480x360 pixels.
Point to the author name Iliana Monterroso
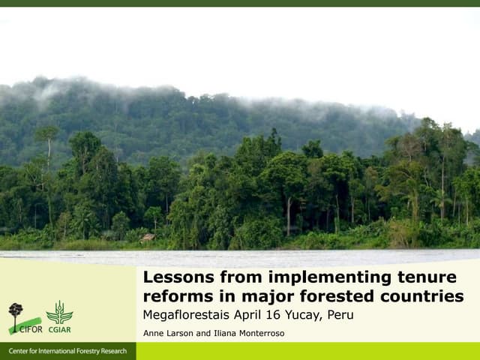click(249, 333)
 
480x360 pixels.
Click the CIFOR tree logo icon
click(16, 312)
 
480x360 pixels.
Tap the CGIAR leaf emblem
click(59, 312)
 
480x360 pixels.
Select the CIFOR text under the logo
click(31, 328)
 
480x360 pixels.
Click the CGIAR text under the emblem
click(59, 328)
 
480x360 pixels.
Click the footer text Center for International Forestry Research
click(67, 352)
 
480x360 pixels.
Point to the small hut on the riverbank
click(148, 238)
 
